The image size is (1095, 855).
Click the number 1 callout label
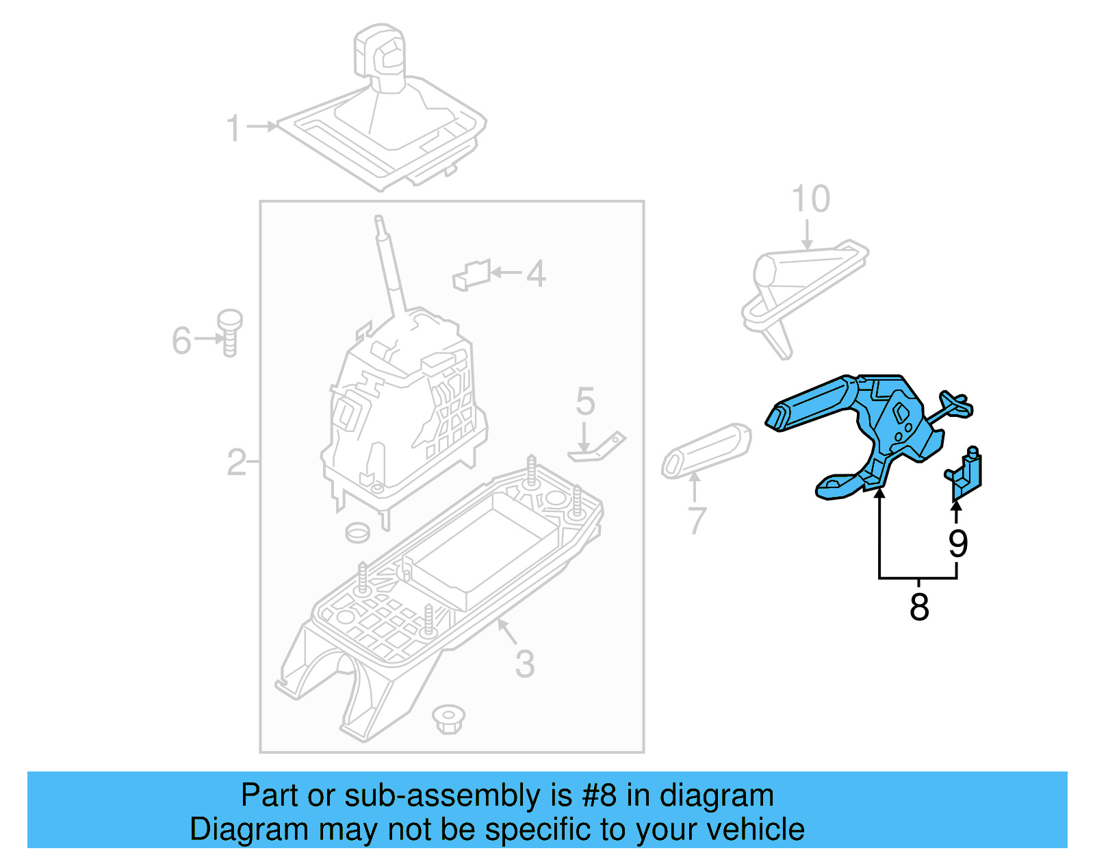(x=234, y=128)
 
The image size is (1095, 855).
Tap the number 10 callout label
(x=810, y=199)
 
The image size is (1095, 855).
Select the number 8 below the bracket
(x=919, y=607)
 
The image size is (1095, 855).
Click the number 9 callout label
(x=957, y=544)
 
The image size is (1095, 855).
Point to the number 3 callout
(x=524, y=664)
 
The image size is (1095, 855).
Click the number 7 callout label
(x=696, y=520)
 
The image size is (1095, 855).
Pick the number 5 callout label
(x=585, y=402)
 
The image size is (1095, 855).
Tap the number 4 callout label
(x=536, y=274)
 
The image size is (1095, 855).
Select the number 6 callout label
(x=181, y=341)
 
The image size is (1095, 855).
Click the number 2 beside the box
(x=236, y=463)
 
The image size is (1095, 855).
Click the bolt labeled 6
(x=230, y=333)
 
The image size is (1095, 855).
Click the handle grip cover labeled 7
(x=706, y=449)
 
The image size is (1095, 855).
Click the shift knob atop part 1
(x=381, y=58)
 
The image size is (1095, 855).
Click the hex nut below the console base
(x=449, y=719)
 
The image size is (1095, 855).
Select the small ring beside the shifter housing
(x=357, y=532)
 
